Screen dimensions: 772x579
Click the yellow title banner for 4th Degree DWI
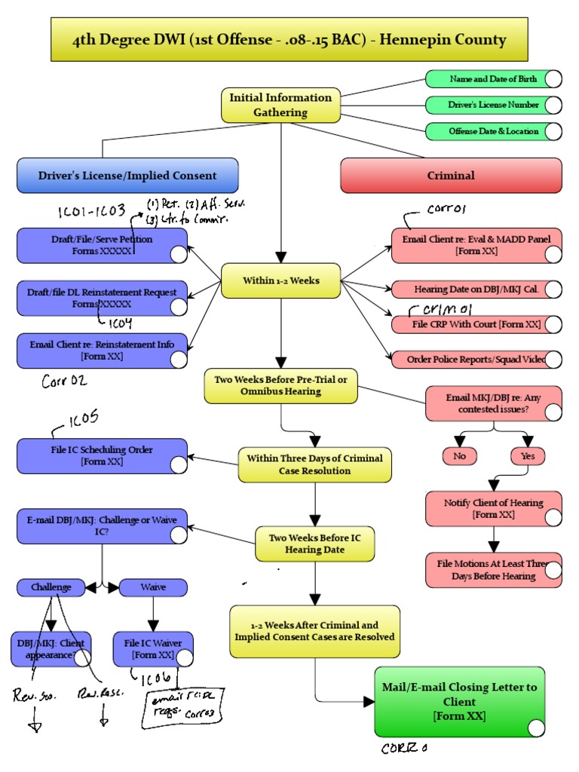pyautogui.click(x=289, y=40)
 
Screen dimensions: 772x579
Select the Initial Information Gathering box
pyautogui.click(x=280, y=105)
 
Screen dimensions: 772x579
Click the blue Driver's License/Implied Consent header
pyautogui.click(x=127, y=176)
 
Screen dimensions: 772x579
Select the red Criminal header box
pyautogui.click(x=451, y=176)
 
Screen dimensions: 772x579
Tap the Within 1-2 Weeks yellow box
pyautogui.click(x=280, y=280)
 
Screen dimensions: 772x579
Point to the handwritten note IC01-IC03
pyautogui.click(x=91, y=213)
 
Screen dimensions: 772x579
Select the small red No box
pyautogui.click(x=459, y=455)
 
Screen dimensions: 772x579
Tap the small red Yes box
pyautogui.click(x=527, y=455)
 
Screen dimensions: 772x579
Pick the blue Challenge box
pyautogui.click(x=51, y=587)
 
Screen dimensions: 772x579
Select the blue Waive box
pyautogui.click(x=153, y=587)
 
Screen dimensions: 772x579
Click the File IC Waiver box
pyautogui.click(x=153, y=649)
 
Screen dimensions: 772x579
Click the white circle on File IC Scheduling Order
pyautogui.click(x=179, y=464)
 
